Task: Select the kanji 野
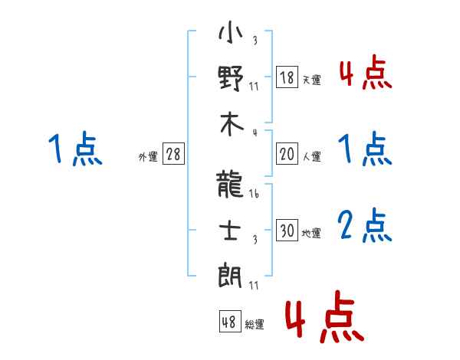(x=231, y=79)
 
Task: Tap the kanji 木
(x=231, y=126)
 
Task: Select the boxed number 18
(x=287, y=77)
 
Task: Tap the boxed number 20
(x=287, y=154)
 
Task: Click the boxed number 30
(x=287, y=231)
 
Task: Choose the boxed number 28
(x=173, y=154)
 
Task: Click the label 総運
(x=255, y=325)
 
